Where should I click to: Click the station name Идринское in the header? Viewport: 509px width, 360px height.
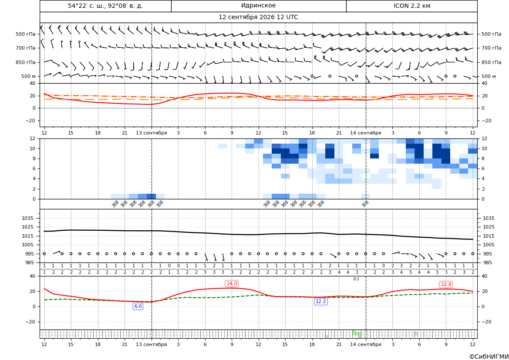258,6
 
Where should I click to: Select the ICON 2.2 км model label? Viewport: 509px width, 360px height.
411,6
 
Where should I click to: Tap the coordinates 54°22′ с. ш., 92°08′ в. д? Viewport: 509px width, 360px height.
105,6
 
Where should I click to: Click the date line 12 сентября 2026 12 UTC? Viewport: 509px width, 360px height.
258,17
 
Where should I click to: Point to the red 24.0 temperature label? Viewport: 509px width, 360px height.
232,283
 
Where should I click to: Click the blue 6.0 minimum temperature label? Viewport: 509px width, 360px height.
138,306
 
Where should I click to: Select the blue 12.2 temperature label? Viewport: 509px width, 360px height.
321,301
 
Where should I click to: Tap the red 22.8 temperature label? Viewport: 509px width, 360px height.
446,284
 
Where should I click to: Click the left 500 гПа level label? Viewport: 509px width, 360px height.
26,34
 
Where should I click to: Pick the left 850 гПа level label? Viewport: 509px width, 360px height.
26,62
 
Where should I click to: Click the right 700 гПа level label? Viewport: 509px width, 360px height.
492,48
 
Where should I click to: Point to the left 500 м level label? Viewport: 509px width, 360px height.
29,76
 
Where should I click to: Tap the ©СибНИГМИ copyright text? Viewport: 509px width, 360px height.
489,357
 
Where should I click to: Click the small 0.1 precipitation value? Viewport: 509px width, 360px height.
356,279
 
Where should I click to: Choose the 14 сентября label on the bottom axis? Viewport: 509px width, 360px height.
365,344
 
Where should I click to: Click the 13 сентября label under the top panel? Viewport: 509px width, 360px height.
151,133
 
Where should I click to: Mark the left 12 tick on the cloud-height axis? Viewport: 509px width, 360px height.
33,138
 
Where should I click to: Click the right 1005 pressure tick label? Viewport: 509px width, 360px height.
489,245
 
